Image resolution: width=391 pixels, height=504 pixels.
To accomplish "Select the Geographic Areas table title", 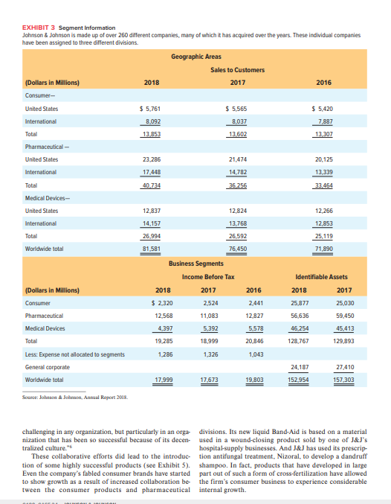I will coord(195,57).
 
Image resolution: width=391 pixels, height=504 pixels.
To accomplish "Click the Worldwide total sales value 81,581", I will coord(152,249).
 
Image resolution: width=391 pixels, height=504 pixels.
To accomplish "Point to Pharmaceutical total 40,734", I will coord(152,185).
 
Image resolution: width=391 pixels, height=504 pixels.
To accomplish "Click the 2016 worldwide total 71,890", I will coord(325,249).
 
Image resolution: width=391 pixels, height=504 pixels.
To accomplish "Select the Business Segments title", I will coord(195,264).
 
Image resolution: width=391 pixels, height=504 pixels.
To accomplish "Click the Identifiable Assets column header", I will coord(329,277).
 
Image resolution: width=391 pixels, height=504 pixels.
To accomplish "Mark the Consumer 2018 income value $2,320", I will coord(162,303).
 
